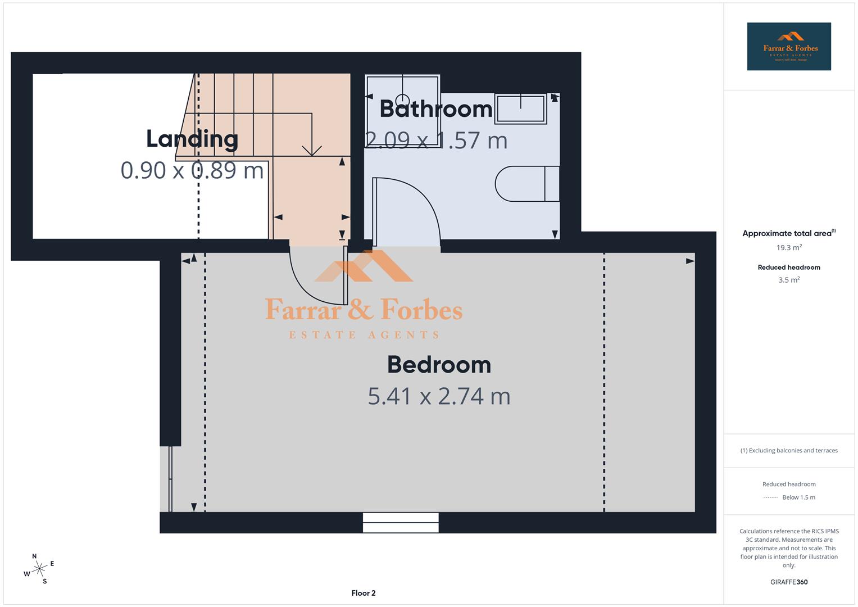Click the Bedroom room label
[x=439, y=365]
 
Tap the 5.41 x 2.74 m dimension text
[x=439, y=396]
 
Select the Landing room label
[x=192, y=139]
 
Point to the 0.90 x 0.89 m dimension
[x=192, y=170]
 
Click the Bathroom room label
[x=436, y=108]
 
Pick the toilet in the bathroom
[x=527, y=183]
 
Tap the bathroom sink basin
[x=520, y=108]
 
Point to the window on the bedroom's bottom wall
[x=401, y=522]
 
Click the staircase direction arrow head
[x=312, y=150]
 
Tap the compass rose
[x=39, y=569]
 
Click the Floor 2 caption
[x=364, y=593]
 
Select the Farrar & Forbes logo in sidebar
[x=788, y=47]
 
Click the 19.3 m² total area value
[x=788, y=247]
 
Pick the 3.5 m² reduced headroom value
[x=788, y=280]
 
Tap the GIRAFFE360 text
[x=788, y=582]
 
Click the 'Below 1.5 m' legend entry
[x=798, y=497]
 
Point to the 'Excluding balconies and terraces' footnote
[x=788, y=450]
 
